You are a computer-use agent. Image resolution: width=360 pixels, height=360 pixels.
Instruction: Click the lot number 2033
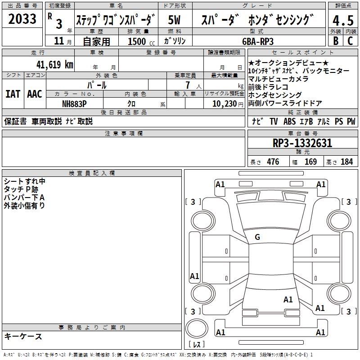pos(22,18)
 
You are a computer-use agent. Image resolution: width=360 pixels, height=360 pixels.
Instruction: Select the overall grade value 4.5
pos(343,21)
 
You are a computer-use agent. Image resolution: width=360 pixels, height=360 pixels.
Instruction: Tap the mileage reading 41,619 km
pos(55,64)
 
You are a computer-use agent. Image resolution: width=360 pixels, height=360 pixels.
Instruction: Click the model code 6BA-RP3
pos(258,41)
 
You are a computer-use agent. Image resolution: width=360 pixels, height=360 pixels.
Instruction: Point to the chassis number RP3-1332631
pos(302,143)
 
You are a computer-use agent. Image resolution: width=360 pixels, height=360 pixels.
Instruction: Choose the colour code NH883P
pos(74,104)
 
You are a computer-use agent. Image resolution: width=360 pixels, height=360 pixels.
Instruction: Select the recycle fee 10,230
pos(225,104)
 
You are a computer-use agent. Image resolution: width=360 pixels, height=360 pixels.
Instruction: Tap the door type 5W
pos(174,20)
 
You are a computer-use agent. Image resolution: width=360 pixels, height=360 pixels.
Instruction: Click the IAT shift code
pos(13,94)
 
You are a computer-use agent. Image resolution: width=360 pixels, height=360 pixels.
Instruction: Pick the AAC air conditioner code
pos(35,94)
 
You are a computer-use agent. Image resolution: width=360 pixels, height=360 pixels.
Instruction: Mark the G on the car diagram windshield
pos(257,237)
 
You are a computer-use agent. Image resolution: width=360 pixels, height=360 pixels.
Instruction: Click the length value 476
pos(273,162)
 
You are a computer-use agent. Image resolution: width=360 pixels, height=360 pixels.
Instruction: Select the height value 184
pos(346,162)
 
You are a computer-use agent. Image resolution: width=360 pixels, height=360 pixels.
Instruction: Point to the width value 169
pos(310,162)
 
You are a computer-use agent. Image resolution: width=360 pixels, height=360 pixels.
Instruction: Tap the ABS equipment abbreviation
pos(289,121)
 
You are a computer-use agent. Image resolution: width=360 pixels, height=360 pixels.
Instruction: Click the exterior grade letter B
pos(336,41)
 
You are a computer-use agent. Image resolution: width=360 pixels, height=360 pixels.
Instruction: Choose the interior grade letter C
pos(350,41)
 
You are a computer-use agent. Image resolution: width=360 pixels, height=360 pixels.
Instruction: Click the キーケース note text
pos(23,336)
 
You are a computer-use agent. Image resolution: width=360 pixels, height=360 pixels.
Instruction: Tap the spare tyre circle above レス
pos(197,328)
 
